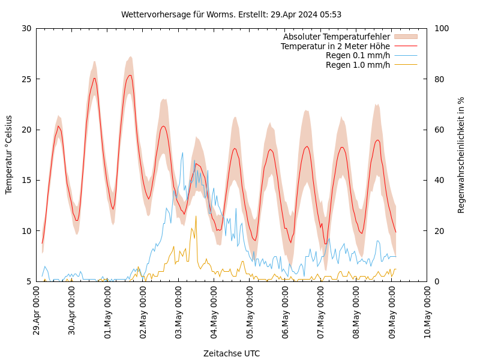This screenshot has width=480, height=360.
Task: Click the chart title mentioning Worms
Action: (231, 14)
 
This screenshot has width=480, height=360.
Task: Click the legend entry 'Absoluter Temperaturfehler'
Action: (337, 37)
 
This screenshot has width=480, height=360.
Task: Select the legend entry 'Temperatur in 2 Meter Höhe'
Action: (335, 46)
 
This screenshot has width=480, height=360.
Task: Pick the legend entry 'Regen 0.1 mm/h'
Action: (358, 55)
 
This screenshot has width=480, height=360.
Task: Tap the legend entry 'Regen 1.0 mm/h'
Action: (358, 65)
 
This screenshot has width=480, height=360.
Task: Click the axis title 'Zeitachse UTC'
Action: (232, 353)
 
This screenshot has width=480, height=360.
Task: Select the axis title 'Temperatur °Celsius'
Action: (9, 154)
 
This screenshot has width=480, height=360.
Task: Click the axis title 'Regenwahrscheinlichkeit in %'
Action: (461, 155)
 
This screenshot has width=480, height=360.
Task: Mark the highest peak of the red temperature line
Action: (130, 75)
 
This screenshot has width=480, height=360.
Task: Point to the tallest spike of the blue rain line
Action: (182, 153)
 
